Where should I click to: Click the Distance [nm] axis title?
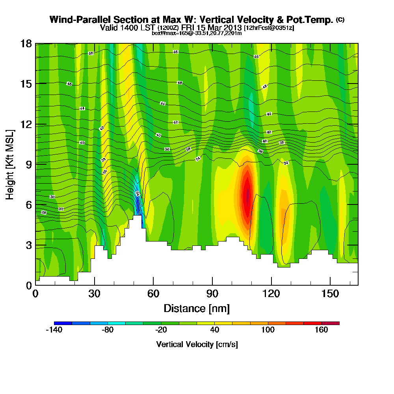[x=197, y=308]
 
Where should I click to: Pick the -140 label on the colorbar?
[x=54, y=330]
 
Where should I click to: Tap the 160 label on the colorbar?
[x=322, y=330]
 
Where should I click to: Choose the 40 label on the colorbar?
[x=215, y=330]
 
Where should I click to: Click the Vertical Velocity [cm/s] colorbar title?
[x=197, y=344]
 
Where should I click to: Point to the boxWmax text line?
[x=197, y=33]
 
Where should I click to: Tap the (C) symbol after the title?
[x=340, y=20]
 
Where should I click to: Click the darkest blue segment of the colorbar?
[x=63, y=323]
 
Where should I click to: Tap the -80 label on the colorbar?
[x=108, y=330]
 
